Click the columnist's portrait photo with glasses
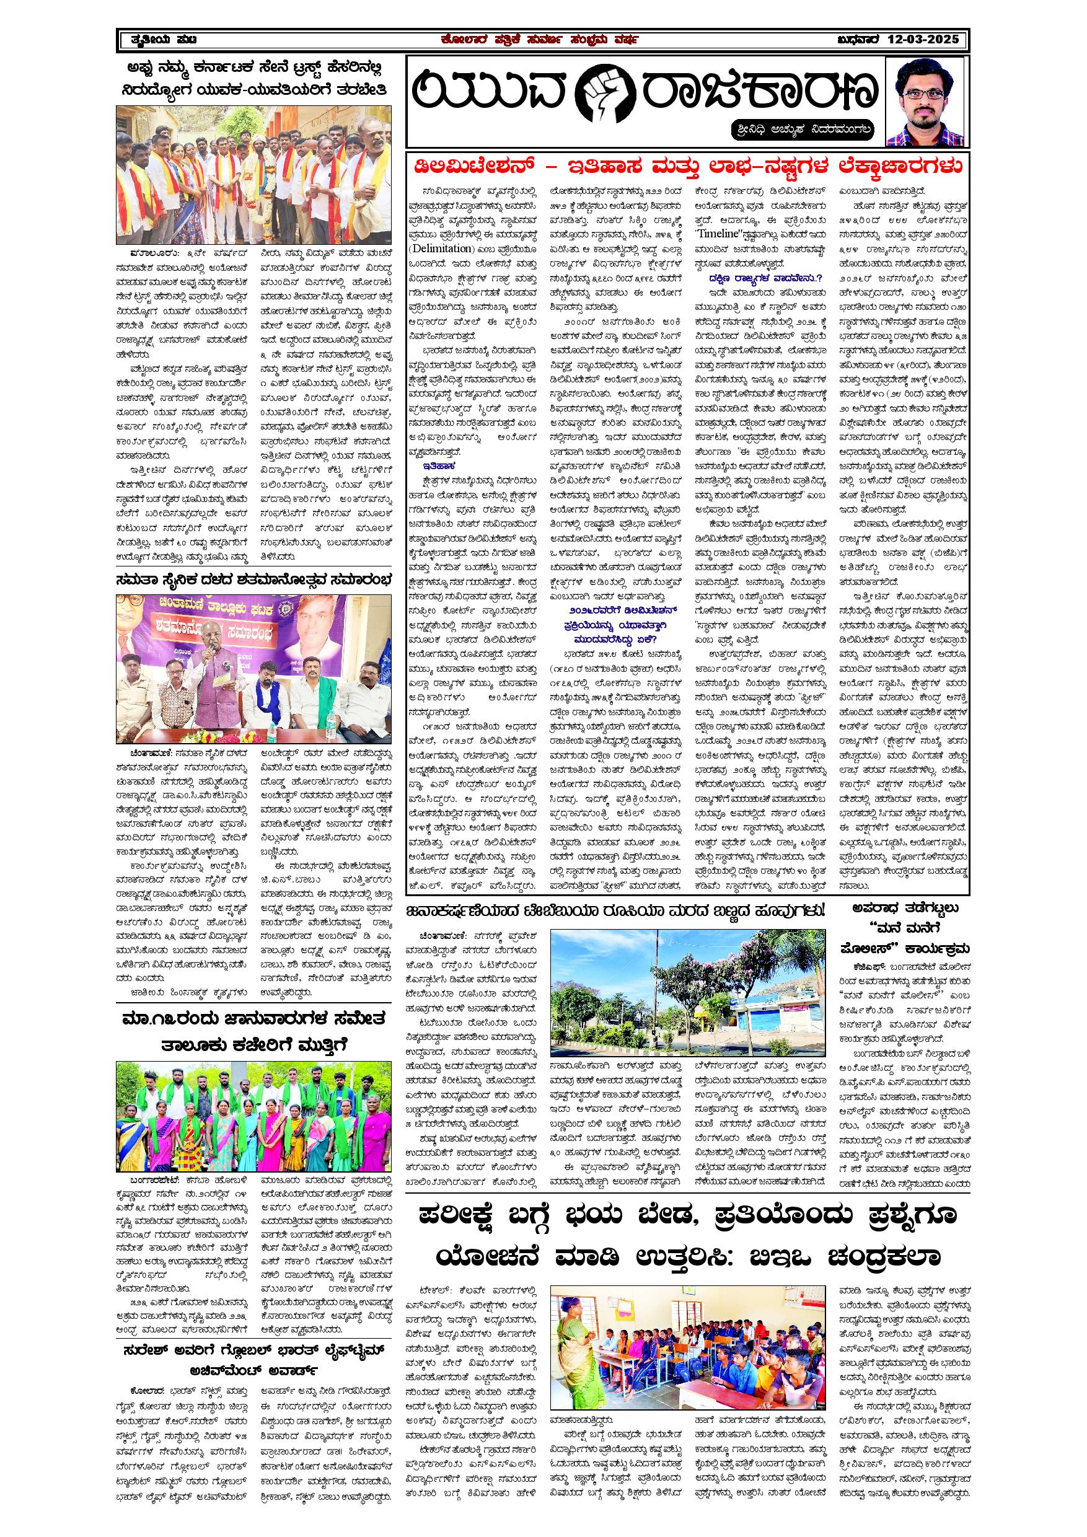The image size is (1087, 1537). pos(926,102)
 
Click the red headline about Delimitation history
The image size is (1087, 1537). pos(687,165)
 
